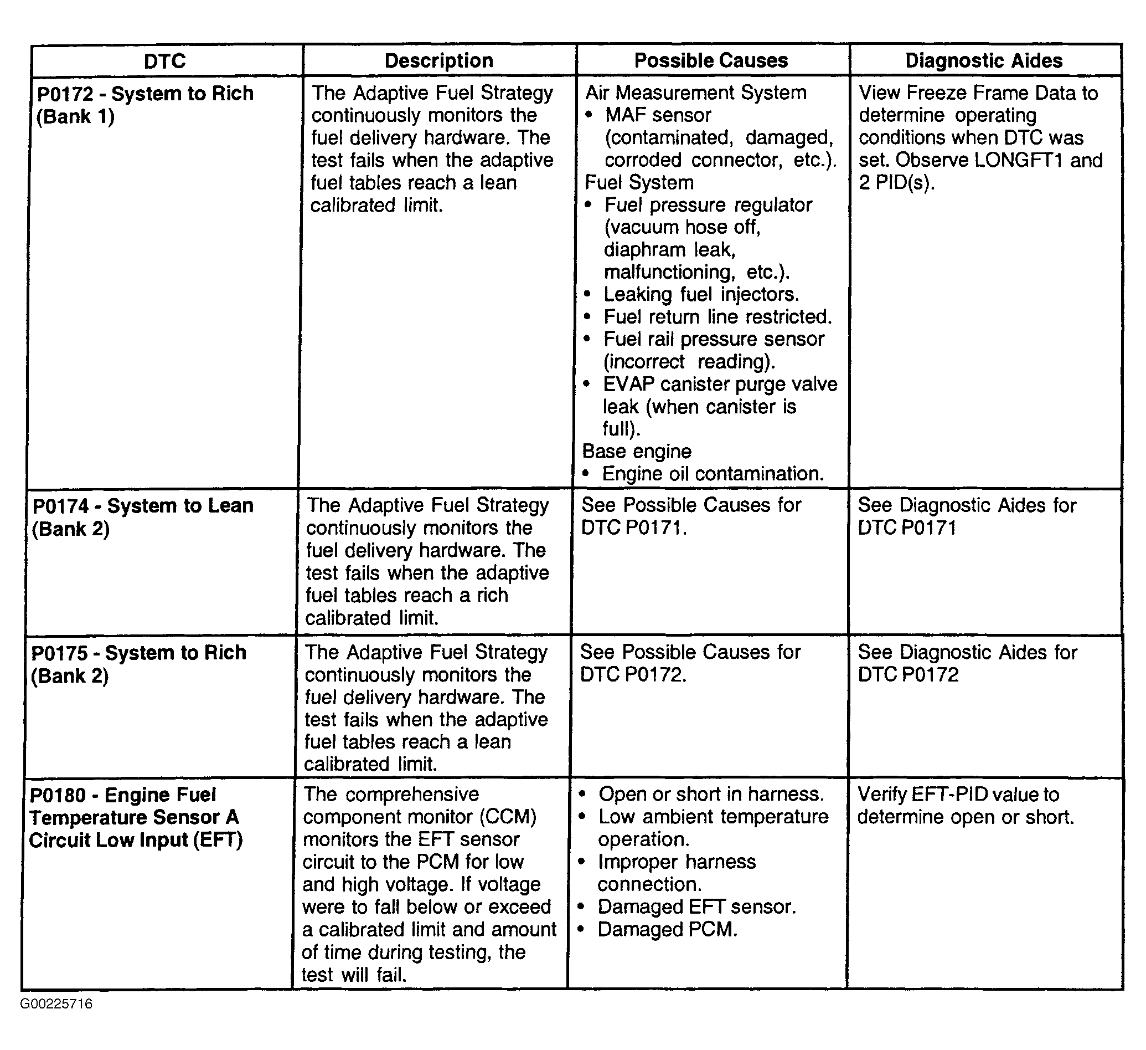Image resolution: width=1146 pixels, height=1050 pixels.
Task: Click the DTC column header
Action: click(x=165, y=61)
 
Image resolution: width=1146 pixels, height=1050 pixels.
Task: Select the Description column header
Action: click(x=439, y=61)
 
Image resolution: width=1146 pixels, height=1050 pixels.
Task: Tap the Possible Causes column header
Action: click(x=711, y=60)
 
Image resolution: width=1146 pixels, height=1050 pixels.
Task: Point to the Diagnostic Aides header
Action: click(x=984, y=60)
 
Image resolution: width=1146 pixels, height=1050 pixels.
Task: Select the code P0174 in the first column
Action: click(x=61, y=506)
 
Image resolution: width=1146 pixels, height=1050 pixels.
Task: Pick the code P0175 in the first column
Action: click(x=59, y=652)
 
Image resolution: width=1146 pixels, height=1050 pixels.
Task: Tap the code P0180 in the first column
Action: click(x=58, y=795)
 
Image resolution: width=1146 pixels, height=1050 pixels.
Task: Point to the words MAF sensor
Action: click(x=658, y=115)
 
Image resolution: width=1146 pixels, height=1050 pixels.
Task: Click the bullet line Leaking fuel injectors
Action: click(x=701, y=294)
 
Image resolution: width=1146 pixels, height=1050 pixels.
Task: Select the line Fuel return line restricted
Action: click(x=717, y=317)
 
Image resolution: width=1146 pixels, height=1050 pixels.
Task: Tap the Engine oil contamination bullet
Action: click(x=713, y=474)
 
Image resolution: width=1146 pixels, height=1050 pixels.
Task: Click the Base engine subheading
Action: click(x=637, y=451)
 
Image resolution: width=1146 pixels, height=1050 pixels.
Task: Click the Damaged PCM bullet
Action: click(x=667, y=929)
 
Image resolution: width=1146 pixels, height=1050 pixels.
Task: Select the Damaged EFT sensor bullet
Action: click(x=696, y=906)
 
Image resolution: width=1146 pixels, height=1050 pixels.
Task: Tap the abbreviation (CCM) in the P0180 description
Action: click(x=508, y=817)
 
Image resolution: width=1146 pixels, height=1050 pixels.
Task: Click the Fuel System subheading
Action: click(x=639, y=183)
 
